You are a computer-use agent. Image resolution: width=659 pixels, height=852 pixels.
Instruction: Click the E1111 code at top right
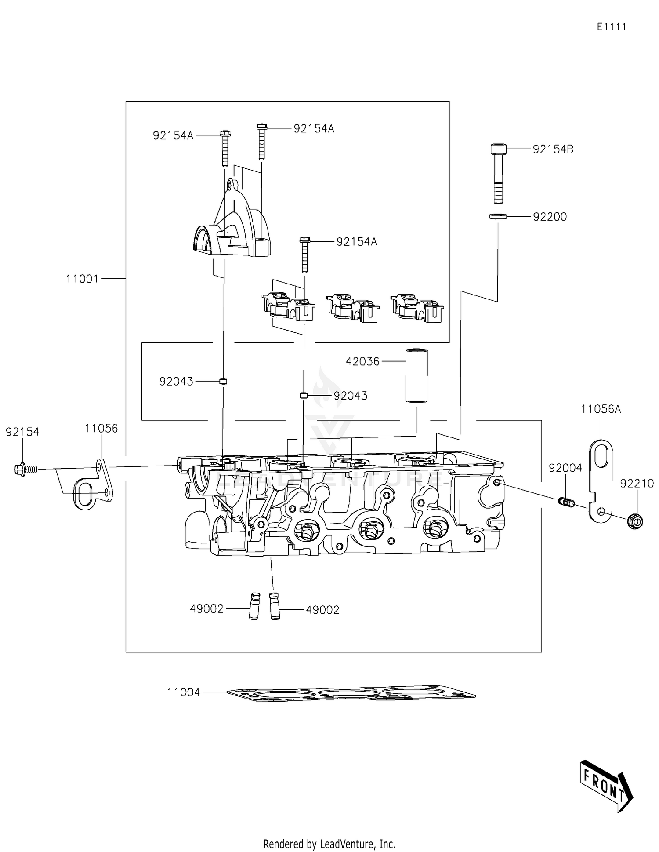tap(611, 27)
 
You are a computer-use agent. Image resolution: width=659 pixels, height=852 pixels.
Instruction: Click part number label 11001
tap(82, 279)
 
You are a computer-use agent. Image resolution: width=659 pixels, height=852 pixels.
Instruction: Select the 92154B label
tap(553, 149)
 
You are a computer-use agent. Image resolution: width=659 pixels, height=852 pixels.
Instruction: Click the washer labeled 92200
tap(498, 216)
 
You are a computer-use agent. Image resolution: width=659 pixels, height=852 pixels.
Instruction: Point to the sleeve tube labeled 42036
tap(416, 375)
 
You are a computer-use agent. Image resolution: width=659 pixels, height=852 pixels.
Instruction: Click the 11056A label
tap(601, 409)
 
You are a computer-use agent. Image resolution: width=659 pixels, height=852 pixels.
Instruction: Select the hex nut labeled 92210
tap(635, 521)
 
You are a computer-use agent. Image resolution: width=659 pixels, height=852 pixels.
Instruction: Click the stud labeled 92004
tap(567, 502)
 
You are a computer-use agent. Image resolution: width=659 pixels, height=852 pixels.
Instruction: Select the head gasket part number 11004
tap(183, 692)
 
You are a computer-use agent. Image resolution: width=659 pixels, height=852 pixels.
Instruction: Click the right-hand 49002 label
tap(322, 610)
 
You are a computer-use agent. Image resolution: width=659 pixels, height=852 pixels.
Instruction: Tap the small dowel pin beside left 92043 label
tap(223, 381)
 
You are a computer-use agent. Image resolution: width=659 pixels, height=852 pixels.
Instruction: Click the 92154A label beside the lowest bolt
tap(356, 242)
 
